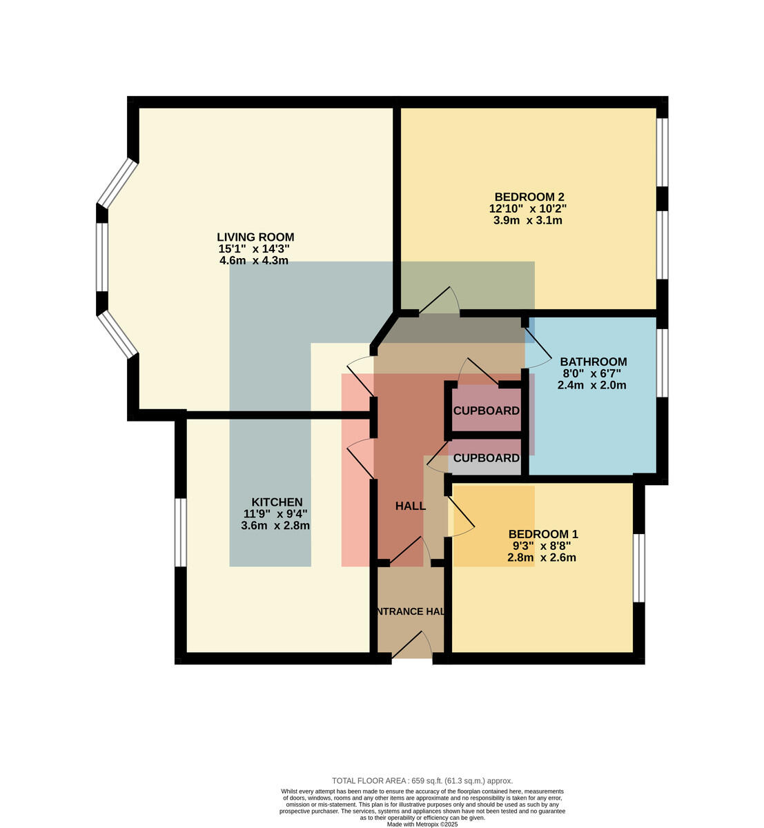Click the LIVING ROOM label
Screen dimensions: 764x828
(255, 237)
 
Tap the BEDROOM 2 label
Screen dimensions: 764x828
(529, 197)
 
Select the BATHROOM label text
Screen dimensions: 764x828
(593, 362)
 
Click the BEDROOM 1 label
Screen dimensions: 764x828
(543, 534)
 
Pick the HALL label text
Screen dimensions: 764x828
(411, 506)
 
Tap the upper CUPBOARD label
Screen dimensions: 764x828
(487, 411)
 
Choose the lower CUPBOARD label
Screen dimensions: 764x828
(487, 458)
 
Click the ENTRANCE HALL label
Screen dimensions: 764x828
(411, 611)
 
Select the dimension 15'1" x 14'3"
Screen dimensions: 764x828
(254, 249)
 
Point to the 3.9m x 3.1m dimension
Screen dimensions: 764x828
(527, 220)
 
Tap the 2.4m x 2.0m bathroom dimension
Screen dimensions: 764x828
(591, 385)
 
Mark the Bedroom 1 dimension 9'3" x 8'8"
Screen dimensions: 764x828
(542, 546)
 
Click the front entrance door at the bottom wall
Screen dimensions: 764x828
(411, 645)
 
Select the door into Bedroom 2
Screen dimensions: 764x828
(439, 301)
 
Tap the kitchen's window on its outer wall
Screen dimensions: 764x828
(180, 533)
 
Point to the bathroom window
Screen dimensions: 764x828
(663, 363)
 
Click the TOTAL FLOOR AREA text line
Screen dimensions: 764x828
(422, 781)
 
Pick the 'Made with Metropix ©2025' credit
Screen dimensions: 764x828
(422, 825)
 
